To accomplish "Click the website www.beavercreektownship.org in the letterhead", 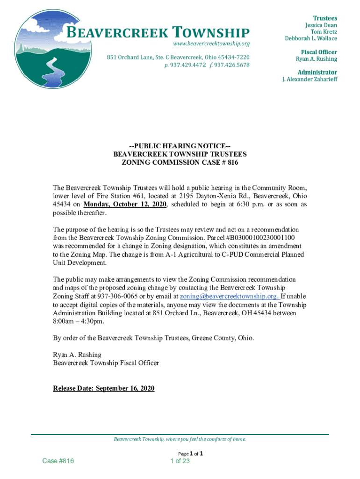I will click(211, 44).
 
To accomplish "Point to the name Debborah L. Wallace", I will click(311, 38).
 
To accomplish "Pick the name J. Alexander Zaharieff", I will click(309, 80).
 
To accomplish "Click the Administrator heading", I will click(317, 72).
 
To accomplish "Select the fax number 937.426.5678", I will click(231, 65).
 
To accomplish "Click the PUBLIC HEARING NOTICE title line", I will click(180, 146).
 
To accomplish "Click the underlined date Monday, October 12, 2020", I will click(125, 204).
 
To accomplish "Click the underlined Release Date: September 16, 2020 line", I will click(103, 388).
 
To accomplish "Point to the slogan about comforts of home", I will click(180, 439).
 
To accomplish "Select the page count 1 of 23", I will click(180, 461).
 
